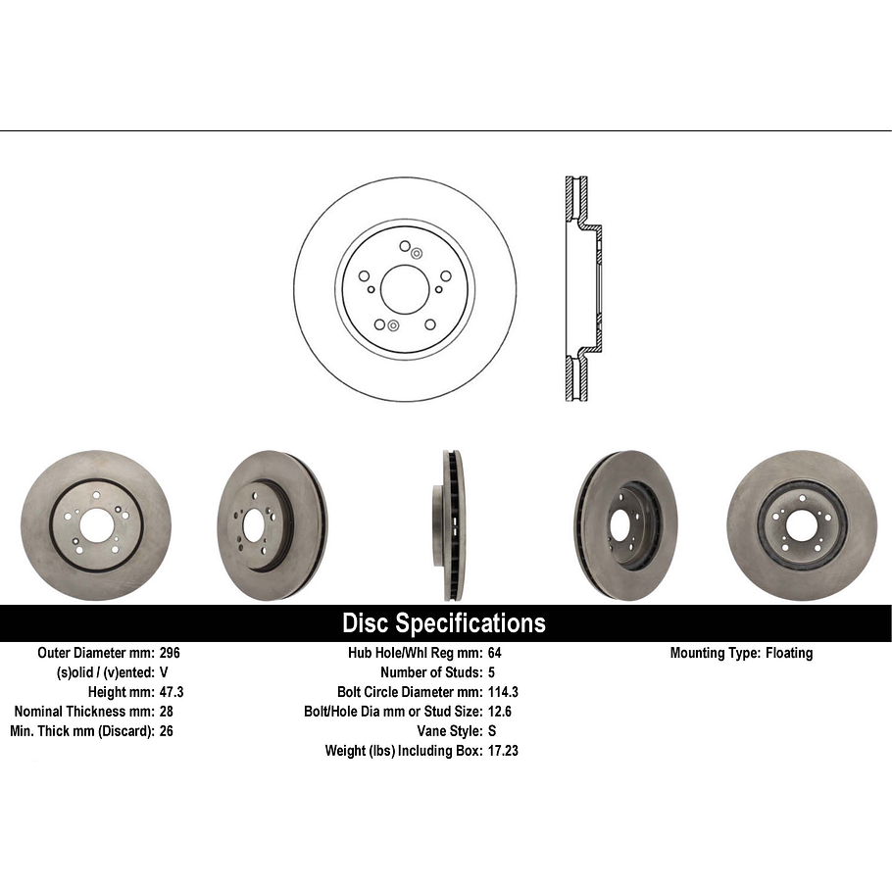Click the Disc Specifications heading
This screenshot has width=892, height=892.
click(x=443, y=623)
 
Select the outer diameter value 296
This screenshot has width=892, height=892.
click(x=170, y=653)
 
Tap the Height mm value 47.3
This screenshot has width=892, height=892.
click(x=172, y=692)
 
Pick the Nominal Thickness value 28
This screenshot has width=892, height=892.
click(x=166, y=712)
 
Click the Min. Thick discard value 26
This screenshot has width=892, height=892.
click(x=166, y=731)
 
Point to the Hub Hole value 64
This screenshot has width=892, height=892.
click(x=494, y=653)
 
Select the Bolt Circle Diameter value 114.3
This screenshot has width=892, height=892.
click(x=503, y=692)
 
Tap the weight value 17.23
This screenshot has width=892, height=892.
click(x=503, y=751)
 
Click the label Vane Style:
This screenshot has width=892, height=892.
click(x=449, y=731)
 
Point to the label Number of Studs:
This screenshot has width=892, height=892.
click(x=430, y=672)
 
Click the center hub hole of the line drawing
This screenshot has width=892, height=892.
click(x=405, y=289)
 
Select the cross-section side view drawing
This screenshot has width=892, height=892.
click(x=582, y=289)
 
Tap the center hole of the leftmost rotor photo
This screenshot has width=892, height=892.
click(x=96, y=525)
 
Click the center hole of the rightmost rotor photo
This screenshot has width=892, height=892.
click(x=801, y=525)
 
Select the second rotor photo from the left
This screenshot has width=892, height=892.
click(x=272, y=525)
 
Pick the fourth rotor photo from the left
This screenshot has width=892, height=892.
click(x=624, y=525)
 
